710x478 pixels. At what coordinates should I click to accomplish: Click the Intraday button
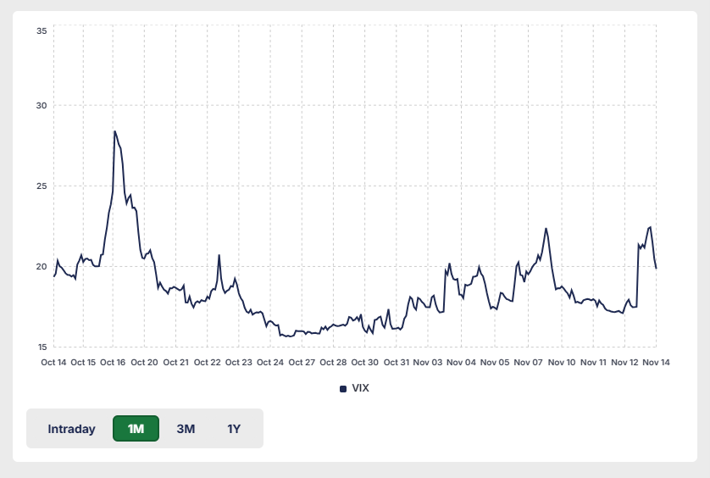pos(71,429)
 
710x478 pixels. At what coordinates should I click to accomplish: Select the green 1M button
pos(136,429)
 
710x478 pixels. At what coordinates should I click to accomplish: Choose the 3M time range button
pos(186,429)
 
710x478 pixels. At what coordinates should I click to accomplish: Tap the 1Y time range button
pos(234,429)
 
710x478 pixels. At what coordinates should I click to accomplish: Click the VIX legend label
pos(360,388)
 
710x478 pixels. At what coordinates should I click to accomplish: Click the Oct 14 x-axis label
pos(53,363)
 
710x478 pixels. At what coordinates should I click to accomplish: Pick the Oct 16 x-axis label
pos(113,363)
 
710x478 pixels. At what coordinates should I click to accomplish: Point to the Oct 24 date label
pos(270,363)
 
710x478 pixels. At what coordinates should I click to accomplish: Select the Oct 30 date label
pos(365,363)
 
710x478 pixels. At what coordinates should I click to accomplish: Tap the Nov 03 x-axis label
pos(429,363)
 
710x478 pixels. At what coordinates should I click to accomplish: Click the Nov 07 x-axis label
pos(527,363)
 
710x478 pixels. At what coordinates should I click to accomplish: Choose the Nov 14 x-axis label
pos(656,363)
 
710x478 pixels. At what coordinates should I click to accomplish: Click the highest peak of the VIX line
pos(114,131)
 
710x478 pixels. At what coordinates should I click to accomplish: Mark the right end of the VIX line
pos(657,269)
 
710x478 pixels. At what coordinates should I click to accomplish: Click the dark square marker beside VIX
pos(343,389)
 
